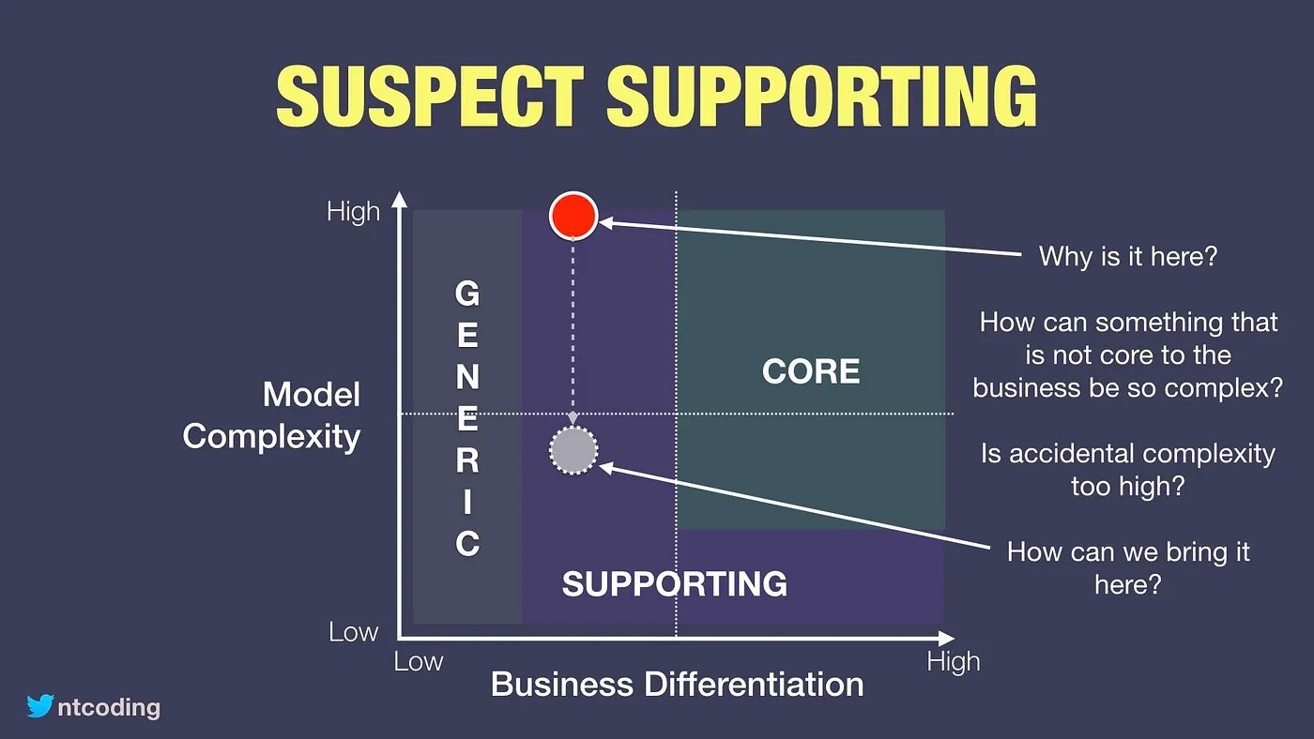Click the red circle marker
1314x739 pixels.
click(573, 216)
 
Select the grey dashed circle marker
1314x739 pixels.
click(573, 450)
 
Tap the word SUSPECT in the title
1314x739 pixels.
click(430, 96)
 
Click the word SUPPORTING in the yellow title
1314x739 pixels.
click(822, 96)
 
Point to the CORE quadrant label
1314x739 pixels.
click(811, 371)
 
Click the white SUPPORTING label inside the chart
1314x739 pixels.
click(675, 583)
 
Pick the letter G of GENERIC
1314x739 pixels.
click(467, 293)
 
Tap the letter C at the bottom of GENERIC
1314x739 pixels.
click(467, 544)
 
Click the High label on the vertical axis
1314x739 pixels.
click(353, 212)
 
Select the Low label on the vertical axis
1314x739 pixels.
click(353, 632)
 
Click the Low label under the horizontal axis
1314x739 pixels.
click(419, 662)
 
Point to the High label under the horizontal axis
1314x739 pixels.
click(954, 663)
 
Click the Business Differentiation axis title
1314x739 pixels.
click(677, 684)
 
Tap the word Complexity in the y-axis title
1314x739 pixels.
click(271, 437)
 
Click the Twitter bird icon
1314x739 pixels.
click(39, 705)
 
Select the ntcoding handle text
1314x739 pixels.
click(109, 707)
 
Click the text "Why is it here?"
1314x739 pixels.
click(1128, 257)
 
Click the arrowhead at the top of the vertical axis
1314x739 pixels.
click(400, 199)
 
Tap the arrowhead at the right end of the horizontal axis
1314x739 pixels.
click(947, 639)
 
